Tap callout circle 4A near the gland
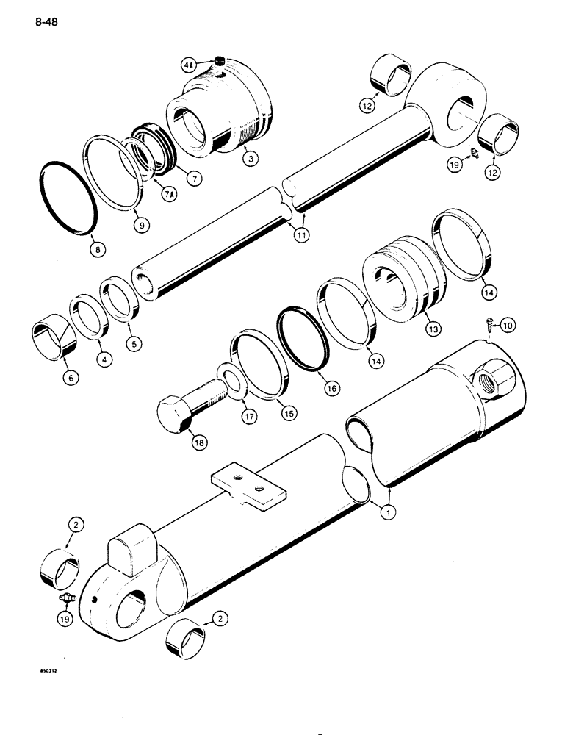pyautogui.click(x=188, y=65)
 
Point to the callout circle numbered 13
pyautogui.click(x=433, y=330)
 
